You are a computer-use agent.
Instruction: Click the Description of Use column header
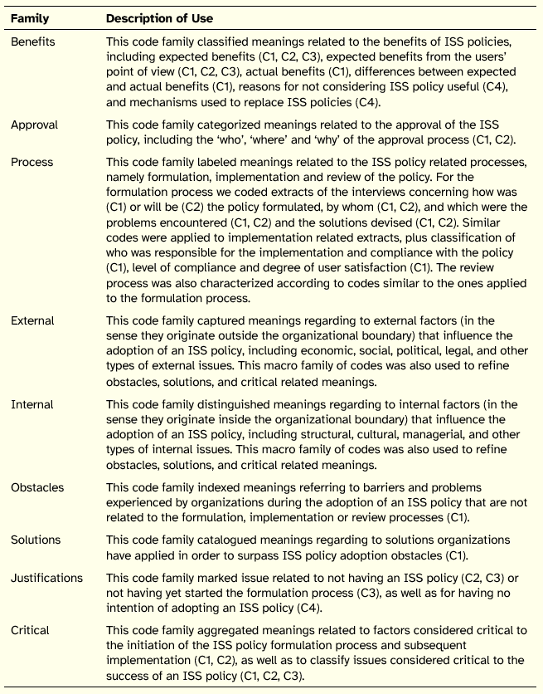coord(159,18)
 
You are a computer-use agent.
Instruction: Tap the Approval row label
coord(34,125)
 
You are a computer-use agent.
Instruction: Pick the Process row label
coord(32,162)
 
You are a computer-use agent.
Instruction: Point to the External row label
coord(32,320)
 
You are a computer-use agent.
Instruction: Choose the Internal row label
coord(32,404)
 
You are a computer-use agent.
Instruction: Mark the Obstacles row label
coord(37,487)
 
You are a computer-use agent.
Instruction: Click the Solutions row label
coord(36,540)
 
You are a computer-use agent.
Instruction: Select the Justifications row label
coord(47,577)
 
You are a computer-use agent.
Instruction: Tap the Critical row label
coord(31,630)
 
